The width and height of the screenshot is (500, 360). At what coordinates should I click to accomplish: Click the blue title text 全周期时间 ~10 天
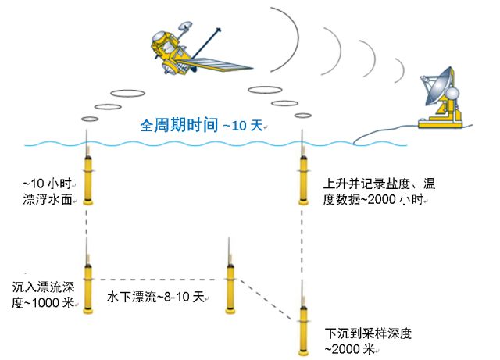pos(202,124)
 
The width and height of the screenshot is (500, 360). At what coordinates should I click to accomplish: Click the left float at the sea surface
pos(88,178)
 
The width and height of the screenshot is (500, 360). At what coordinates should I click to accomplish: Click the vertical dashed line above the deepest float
pos(301,250)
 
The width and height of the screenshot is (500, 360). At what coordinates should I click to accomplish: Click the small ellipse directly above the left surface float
pos(91,119)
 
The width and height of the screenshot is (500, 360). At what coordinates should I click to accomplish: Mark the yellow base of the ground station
pos(442,122)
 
